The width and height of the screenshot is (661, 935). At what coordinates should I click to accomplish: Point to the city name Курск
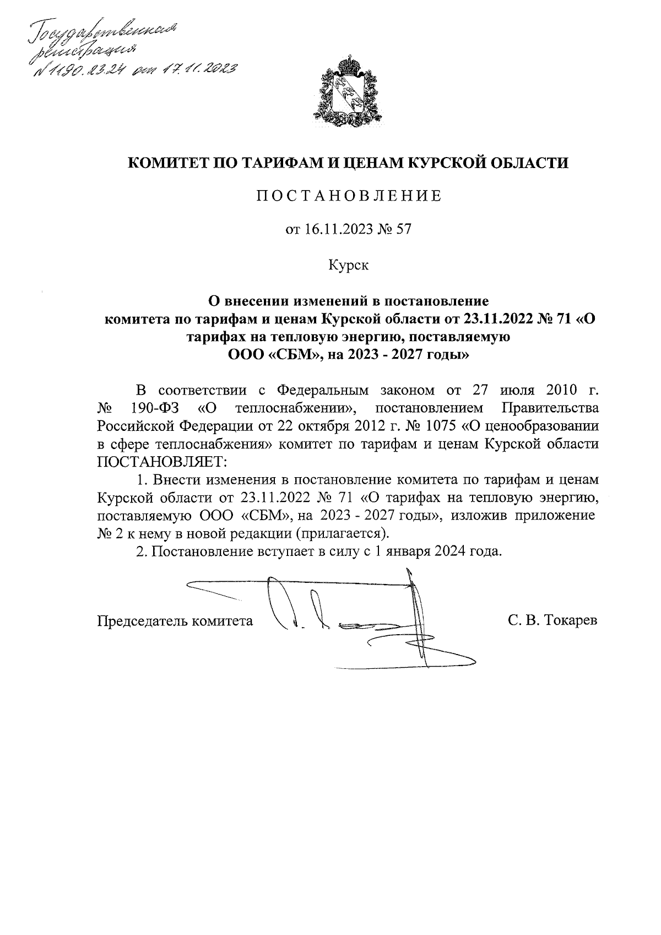coord(348,265)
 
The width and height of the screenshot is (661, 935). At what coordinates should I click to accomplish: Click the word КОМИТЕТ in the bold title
coord(166,163)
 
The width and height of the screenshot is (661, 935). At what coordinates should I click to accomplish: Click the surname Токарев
coord(571,621)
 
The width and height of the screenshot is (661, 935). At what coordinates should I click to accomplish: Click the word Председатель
coord(143,621)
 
